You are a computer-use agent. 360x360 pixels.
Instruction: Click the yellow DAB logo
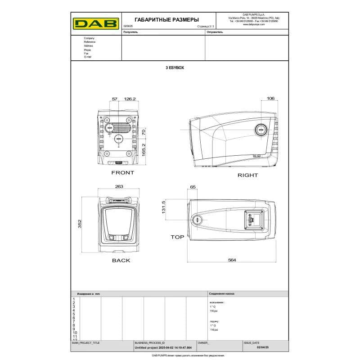click(96, 23)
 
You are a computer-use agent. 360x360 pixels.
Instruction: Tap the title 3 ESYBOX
click(175, 67)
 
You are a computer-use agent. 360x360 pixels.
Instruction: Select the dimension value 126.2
click(130, 99)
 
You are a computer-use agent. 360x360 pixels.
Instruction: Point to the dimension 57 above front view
click(114, 99)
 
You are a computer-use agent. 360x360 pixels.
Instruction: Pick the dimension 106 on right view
click(270, 98)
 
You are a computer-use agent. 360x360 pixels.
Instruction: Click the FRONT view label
click(122, 173)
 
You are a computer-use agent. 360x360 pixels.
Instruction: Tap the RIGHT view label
click(247, 175)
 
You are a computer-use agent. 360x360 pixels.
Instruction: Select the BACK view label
click(121, 260)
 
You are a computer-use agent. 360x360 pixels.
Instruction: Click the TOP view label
click(177, 237)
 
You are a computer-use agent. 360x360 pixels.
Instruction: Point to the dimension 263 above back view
click(119, 186)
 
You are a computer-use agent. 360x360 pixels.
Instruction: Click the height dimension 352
click(79, 224)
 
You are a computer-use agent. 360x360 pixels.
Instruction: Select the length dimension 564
click(232, 260)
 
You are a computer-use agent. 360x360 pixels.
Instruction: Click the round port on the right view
click(261, 130)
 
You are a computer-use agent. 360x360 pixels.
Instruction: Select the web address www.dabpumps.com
click(252, 25)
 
